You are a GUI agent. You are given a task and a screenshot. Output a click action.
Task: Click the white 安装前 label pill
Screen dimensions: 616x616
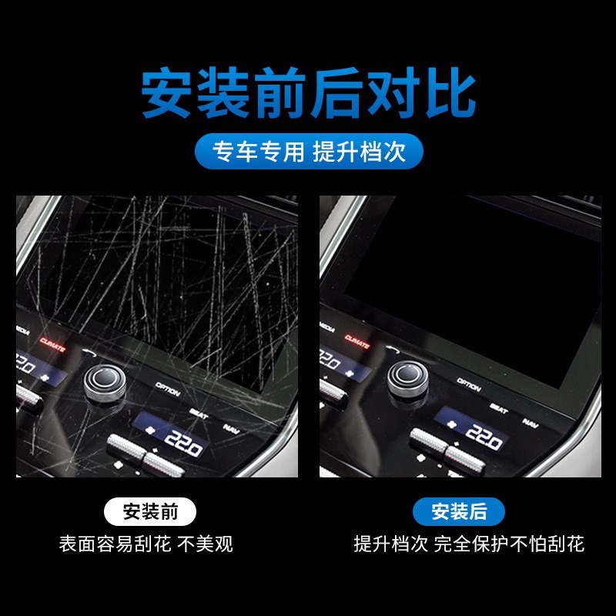(149, 511)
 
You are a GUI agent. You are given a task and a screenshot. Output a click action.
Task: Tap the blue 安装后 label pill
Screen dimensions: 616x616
(459, 511)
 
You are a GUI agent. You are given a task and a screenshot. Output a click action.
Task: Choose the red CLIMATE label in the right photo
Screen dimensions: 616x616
(357, 339)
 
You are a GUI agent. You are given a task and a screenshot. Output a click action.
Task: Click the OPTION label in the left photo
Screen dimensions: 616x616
(167, 390)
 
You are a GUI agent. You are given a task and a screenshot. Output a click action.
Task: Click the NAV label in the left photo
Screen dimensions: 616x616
(231, 429)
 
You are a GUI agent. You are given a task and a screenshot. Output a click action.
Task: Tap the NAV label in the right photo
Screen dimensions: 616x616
(531, 422)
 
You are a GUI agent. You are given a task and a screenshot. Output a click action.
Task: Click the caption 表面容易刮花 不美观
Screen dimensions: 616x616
(146, 544)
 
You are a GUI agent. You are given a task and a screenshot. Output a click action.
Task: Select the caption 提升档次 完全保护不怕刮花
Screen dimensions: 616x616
(468, 544)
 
